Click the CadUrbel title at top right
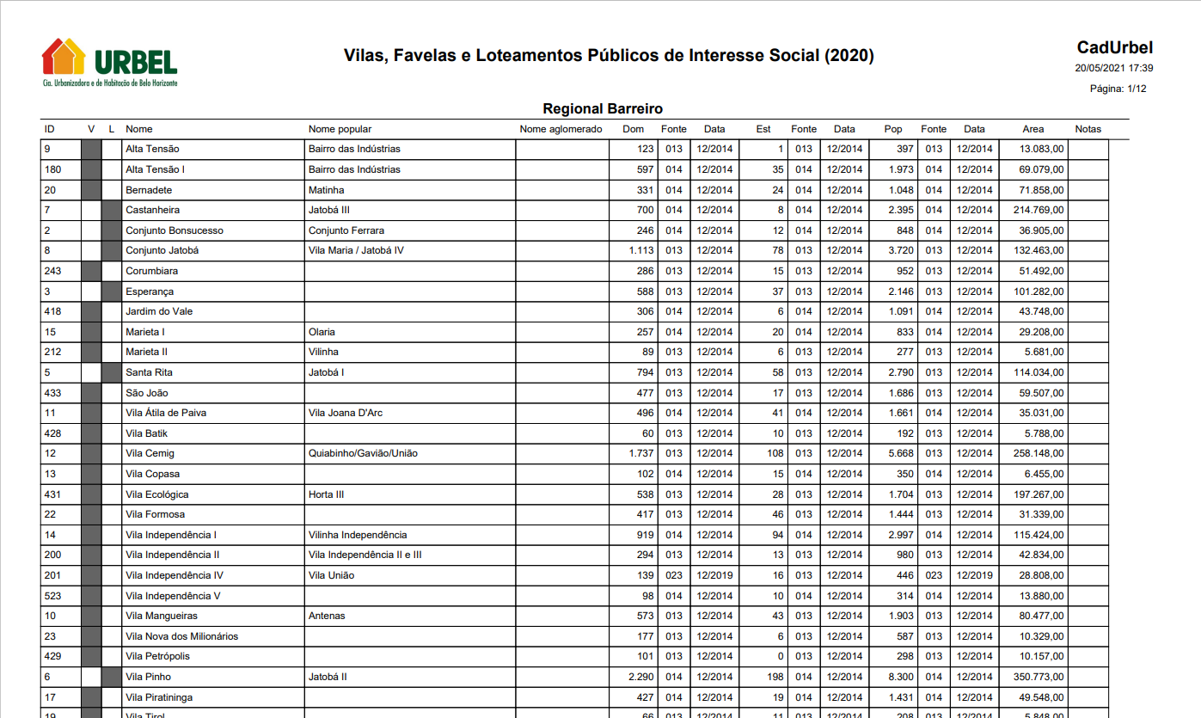(x=1114, y=48)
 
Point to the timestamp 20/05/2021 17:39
(x=1113, y=68)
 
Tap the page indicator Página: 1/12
(x=1118, y=89)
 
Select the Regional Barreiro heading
(x=602, y=109)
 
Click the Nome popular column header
(x=340, y=129)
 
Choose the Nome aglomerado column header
(x=561, y=129)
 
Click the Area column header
(x=1032, y=129)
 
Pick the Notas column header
(x=1088, y=129)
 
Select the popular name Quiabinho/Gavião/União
(x=363, y=453)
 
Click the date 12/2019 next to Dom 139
(x=714, y=575)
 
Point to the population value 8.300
(x=901, y=677)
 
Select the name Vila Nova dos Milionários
(x=181, y=636)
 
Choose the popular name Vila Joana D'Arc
(x=345, y=413)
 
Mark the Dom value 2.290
(x=641, y=677)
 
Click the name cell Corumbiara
(x=151, y=271)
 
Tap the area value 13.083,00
(x=1042, y=149)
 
